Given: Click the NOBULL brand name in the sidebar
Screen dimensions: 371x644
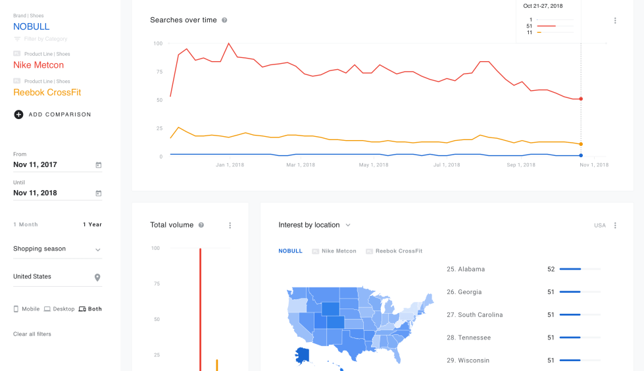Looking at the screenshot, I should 32,27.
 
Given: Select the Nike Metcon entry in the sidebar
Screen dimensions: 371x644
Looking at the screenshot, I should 39,65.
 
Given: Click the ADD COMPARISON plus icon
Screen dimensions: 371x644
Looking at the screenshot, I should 18,114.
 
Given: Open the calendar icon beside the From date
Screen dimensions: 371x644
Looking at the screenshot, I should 99,165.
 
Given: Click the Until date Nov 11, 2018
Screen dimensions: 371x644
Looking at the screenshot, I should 35,193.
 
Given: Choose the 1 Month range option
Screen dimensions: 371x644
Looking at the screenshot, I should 26,224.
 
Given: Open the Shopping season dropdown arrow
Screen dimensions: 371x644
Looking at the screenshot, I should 98,250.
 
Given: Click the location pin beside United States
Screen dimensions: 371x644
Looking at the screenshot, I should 97,278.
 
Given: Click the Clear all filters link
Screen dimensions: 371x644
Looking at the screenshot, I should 32,334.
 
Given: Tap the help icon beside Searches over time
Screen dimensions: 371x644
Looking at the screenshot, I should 224,20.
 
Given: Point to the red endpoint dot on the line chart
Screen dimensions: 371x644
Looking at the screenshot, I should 581,99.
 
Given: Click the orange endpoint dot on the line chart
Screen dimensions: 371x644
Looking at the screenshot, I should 581,144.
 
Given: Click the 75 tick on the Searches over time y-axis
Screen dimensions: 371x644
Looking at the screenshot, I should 158,72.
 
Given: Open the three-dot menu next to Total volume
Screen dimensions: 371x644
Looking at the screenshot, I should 230,226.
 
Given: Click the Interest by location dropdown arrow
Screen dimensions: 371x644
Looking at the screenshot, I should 348,225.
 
